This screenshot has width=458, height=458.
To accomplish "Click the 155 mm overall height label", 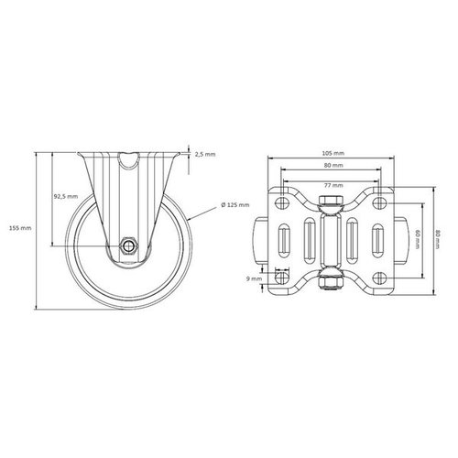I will pos(18,227).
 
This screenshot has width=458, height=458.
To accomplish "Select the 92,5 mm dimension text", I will pos(65,196).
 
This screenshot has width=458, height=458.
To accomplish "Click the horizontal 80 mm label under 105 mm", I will pos(333,166).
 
